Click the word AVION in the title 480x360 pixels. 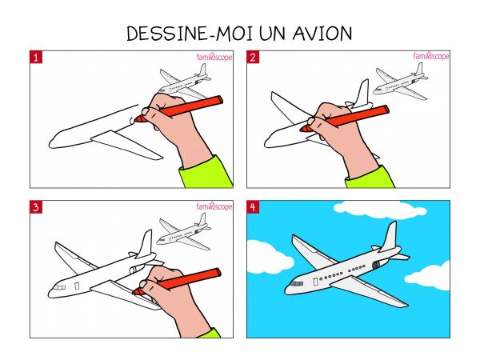pyautogui.click(x=322, y=34)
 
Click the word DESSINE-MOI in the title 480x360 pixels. pyautogui.click(x=190, y=34)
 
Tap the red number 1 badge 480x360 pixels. pyautogui.click(x=36, y=58)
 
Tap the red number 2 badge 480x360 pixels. pyautogui.click(x=253, y=58)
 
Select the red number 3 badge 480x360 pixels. pyautogui.click(x=36, y=207)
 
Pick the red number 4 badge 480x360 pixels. pyautogui.click(x=253, y=207)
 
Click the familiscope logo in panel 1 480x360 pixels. pyautogui.click(x=214, y=57)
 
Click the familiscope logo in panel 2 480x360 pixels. pyautogui.click(x=431, y=56)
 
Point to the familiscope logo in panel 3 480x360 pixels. pyautogui.click(x=214, y=206)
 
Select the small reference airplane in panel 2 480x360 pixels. pyautogui.click(x=401, y=82)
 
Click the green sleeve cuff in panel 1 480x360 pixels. pyautogui.click(x=206, y=172)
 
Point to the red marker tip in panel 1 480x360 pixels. pyautogui.click(x=138, y=118)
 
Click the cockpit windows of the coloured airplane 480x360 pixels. pyautogui.click(x=297, y=283)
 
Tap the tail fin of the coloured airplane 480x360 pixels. pyautogui.click(x=389, y=236)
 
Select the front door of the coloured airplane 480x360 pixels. pyautogui.click(x=315, y=282)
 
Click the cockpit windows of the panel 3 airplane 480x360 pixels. pyautogui.click(x=60, y=288)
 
